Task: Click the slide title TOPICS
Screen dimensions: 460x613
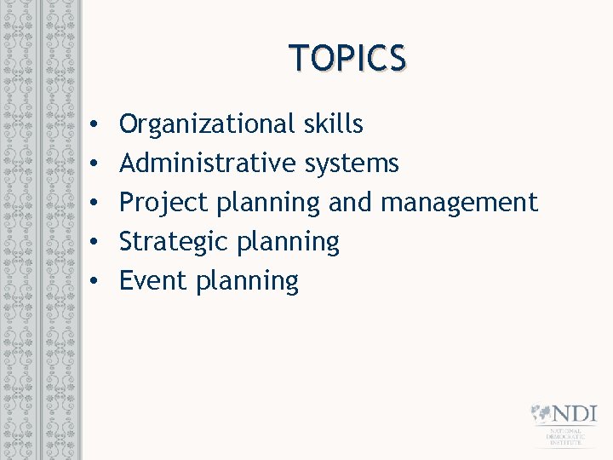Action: coord(347,58)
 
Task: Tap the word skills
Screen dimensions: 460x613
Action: coord(333,124)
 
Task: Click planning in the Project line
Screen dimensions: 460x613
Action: coord(268,204)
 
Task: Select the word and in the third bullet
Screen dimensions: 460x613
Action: coord(351,202)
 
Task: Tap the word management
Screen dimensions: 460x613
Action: coord(460,203)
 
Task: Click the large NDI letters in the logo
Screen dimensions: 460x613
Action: coord(575,415)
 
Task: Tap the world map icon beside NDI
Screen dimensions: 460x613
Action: coord(541,414)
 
